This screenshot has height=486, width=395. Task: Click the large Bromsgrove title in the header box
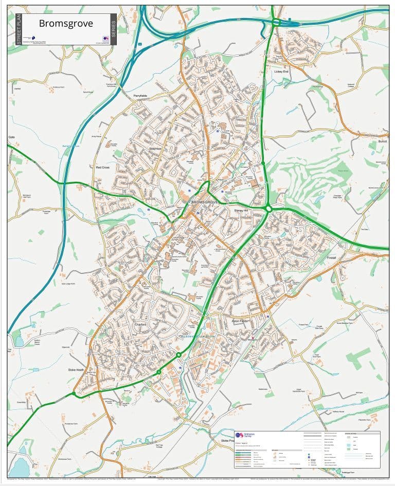pos(65,24)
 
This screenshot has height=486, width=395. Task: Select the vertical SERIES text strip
pos(113,30)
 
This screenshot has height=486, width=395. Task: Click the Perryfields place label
pos(140,96)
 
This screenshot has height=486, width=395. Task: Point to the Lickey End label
pos(281,72)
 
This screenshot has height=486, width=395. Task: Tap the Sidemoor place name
pos(155,148)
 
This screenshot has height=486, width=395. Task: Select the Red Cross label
pos(102,167)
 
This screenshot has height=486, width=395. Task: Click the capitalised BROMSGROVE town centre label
pos(205,202)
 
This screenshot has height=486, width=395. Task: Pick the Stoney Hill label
pos(241,211)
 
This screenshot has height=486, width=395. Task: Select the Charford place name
pos(141,325)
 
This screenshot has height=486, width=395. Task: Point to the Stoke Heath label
pos(76,370)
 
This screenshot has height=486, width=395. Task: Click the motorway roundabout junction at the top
pos(276,22)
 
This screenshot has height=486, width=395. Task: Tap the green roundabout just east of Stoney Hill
pos(268,209)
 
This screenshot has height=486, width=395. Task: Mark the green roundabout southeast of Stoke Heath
pos(74,394)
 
